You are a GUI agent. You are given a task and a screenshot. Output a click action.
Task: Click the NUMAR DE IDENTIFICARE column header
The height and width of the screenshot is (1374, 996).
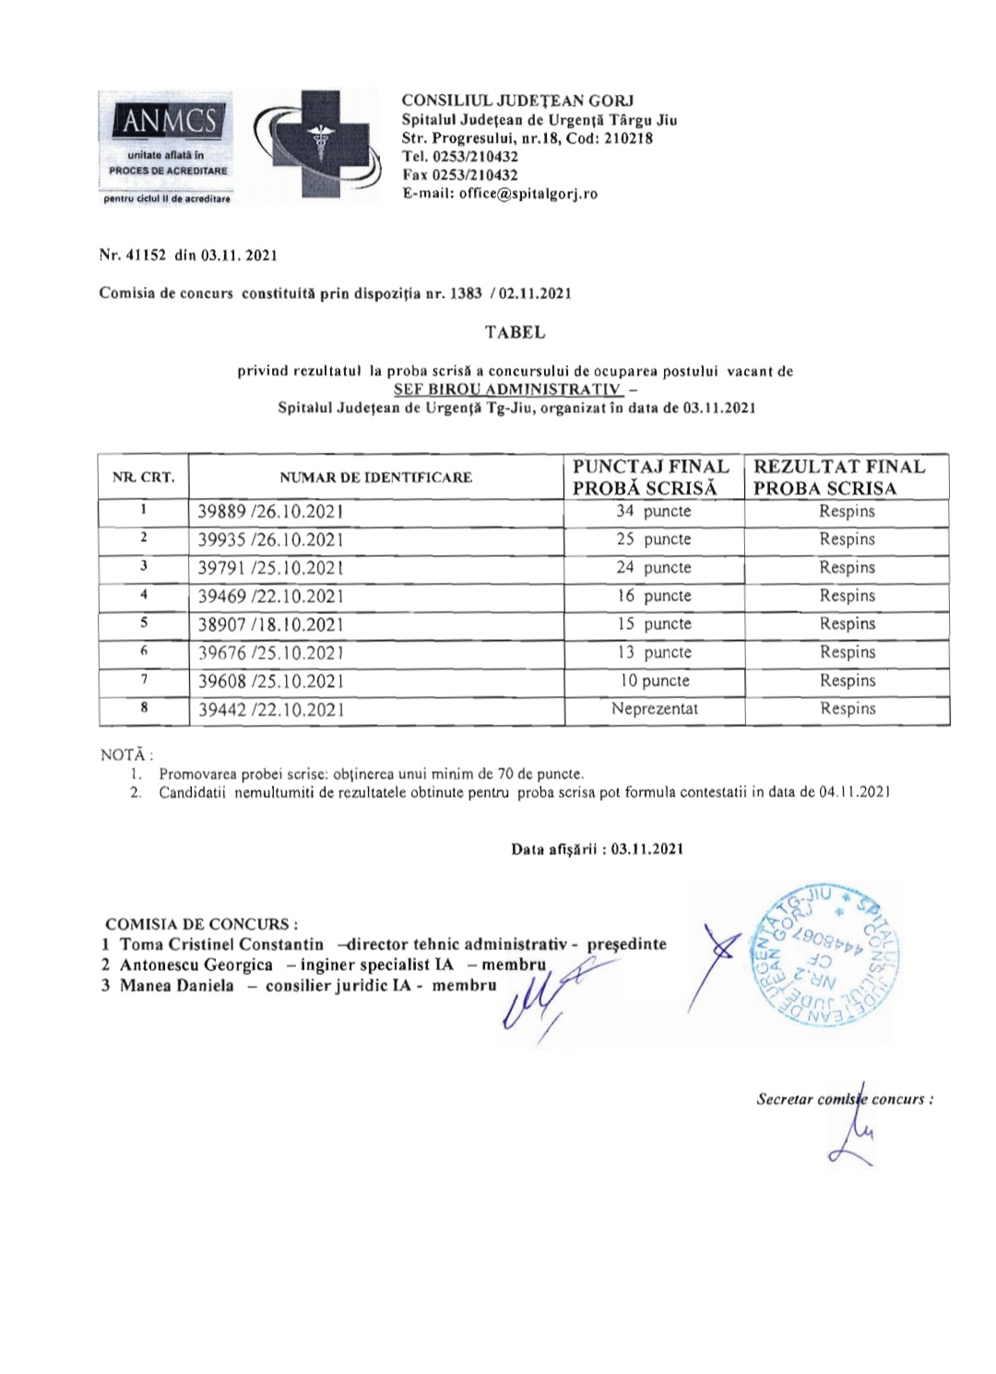[x=375, y=478]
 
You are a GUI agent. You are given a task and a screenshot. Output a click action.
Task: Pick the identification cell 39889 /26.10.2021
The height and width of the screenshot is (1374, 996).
[x=271, y=512]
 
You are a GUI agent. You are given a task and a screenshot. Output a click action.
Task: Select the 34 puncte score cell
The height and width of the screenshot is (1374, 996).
[x=654, y=511]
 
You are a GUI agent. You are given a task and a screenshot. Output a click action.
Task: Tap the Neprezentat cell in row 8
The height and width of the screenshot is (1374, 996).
[x=655, y=708]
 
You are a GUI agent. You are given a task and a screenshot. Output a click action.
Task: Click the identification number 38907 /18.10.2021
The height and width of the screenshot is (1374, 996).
[x=271, y=625]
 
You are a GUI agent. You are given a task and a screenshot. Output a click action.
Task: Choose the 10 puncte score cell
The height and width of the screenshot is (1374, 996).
[x=654, y=681]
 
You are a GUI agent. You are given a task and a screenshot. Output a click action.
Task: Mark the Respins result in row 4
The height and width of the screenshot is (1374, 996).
[x=848, y=596]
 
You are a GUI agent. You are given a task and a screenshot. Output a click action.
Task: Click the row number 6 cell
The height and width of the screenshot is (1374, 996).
[x=144, y=651]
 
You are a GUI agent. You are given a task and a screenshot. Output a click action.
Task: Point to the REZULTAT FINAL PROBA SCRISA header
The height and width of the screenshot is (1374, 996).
[x=838, y=478]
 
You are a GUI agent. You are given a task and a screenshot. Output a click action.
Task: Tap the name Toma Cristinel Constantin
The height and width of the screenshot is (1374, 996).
[x=222, y=944]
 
